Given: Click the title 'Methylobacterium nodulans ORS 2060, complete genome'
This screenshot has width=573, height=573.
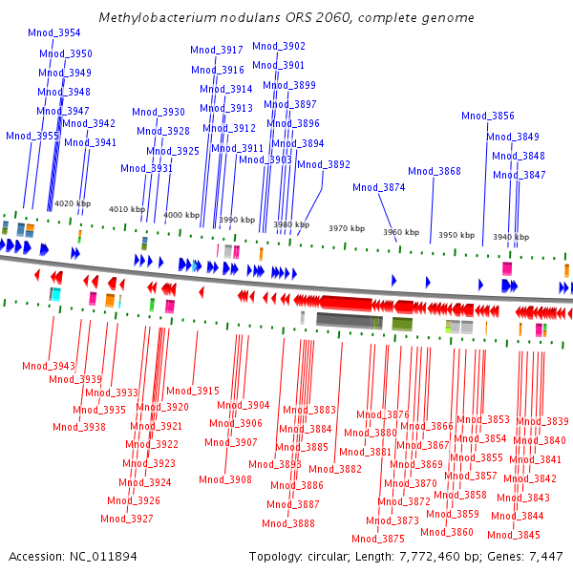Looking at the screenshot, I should (x=286, y=18).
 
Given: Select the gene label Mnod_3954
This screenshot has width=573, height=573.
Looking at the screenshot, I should (x=54, y=32).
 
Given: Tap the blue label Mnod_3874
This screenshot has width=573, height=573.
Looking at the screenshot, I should (x=379, y=187).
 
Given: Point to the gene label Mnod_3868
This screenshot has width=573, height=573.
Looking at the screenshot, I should (x=435, y=171).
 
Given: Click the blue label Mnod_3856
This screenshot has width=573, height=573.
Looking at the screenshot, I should (x=488, y=116).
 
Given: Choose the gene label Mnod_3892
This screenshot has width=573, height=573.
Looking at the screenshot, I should (x=324, y=164).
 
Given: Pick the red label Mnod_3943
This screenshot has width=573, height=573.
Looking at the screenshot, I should (x=49, y=366).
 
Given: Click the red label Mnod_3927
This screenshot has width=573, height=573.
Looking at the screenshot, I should (x=127, y=519).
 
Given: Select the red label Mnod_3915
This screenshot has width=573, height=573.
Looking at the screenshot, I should (x=193, y=391).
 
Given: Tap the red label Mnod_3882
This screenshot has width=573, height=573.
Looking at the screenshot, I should (x=336, y=469).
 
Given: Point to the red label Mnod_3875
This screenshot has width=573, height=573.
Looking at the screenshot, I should (x=379, y=539).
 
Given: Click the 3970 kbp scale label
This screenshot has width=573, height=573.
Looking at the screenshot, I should (x=347, y=228).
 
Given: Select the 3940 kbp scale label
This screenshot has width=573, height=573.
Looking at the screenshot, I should (x=511, y=237).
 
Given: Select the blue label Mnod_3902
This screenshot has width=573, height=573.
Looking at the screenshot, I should (x=279, y=46).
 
